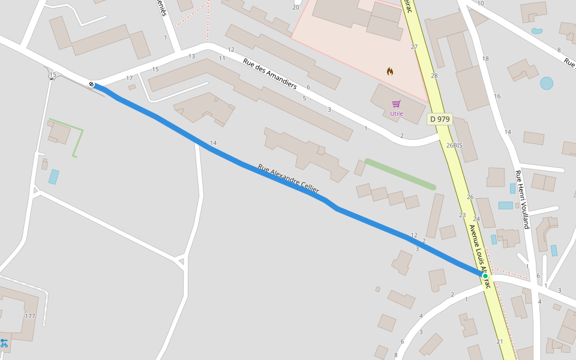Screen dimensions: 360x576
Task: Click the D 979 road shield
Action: point(439,119)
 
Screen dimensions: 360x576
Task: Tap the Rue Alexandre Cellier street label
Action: point(289,179)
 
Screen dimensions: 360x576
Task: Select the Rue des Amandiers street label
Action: point(270,73)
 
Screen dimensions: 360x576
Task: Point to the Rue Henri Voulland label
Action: point(522,199)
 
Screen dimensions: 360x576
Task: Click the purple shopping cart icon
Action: point(396,104)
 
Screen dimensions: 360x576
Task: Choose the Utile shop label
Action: point(397,113)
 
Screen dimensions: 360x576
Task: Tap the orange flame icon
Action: point(390,71)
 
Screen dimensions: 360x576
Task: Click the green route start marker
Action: point(485,276)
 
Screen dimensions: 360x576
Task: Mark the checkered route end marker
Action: point(91,85)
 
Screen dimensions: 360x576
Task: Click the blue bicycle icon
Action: point(4,343)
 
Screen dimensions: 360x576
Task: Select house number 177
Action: point(30,316)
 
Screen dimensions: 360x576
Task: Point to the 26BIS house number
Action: point(454,145)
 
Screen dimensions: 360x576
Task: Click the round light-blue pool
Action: point(546,83)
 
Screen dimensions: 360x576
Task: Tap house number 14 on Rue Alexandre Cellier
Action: point(213,143)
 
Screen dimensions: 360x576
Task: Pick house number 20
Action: point(295,7)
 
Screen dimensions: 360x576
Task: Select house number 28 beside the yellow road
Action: point(434,76)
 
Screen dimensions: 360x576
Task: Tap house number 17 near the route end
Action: point(130,79)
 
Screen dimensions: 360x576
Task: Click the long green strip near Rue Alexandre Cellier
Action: point(400,174)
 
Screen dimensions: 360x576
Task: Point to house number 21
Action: point(500,341)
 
